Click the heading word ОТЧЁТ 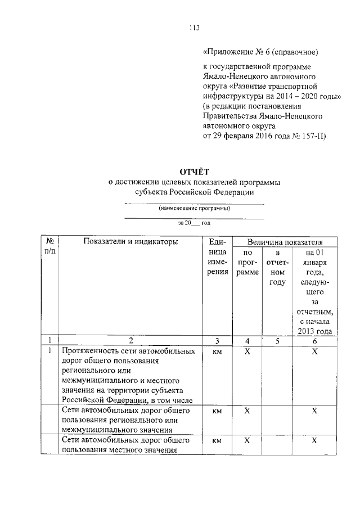[194, 172]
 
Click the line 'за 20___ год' [194, 223]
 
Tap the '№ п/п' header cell [49, 247]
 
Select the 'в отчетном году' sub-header [277, 268]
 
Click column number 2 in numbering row [130, 340]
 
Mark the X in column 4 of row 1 [247, 351]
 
